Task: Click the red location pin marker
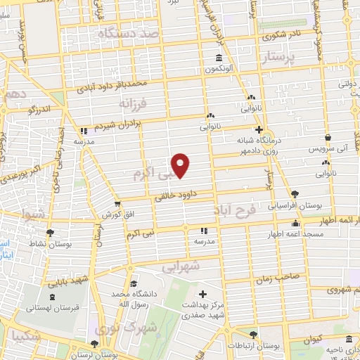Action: coord(181,165)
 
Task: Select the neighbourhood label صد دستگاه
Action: coord(129,32)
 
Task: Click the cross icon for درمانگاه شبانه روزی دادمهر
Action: coord(259,129)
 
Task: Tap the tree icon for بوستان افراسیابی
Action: coord(293,195)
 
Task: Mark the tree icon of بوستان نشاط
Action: coord(49,233)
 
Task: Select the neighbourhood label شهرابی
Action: coord(181,266)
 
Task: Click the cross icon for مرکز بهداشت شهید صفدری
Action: coord(203,293)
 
